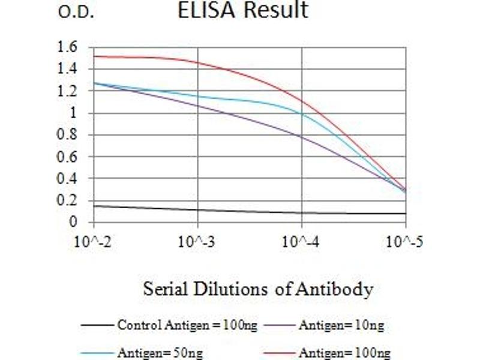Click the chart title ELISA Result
coord(243,10)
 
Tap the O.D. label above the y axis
coord(76,12)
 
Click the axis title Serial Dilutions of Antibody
coord(258,289)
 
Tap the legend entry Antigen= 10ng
coord(340,326)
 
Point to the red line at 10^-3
coord(197,62)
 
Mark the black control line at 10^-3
coord(197,210)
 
